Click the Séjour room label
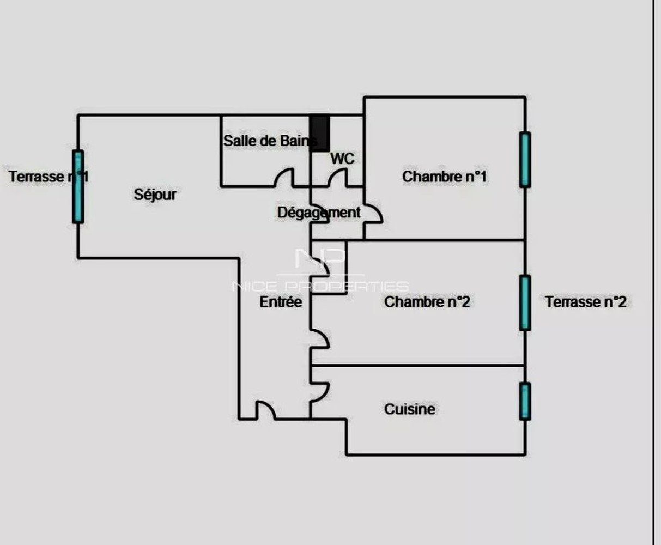(x=155, y=195)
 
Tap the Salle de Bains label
(x=270, y=141)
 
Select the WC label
(x=342, y=159)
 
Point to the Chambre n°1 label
(x=444, y=177)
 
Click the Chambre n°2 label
(x=427, y=302)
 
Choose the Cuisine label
(x=410, y=409)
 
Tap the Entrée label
(x=281, y=302)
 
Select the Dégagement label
(x=319, y=213)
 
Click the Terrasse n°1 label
(x=48, y=177)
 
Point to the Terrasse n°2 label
(x=586, y=302)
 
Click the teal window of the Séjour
(x=78, y=186)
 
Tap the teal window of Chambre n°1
(x=525, y=160)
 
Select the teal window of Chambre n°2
(x=525, y=302)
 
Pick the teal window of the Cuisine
(x=525, y=401)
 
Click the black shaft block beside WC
(x=320, y=133)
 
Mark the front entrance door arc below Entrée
(x=265, y=410)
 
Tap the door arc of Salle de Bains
(x=284, y=178)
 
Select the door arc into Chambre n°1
(x=373, y=214)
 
